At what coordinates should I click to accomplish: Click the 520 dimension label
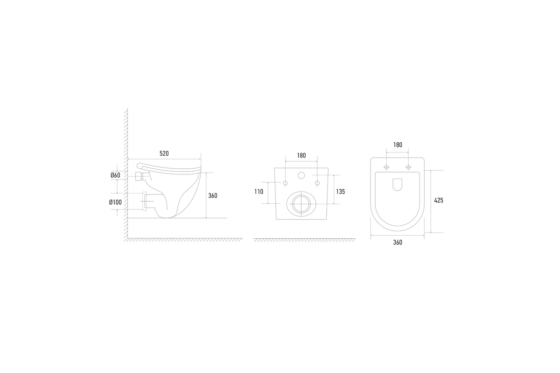[x=164, y=153]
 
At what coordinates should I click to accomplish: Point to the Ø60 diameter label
[x=115, y=175]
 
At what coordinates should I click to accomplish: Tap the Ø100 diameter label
[x=115, y=202]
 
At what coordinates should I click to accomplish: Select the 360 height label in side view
[x=213, y=196]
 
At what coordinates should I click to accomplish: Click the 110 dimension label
[x=259, y=192]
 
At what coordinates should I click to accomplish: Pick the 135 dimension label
[x=340, y=192]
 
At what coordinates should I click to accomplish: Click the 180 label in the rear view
[x=301, y=155]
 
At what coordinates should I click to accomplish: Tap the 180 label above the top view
[x=398, y=145]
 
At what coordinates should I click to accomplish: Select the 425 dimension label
[x=439, y=200]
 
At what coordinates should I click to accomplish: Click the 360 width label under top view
[x=398, y=242]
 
